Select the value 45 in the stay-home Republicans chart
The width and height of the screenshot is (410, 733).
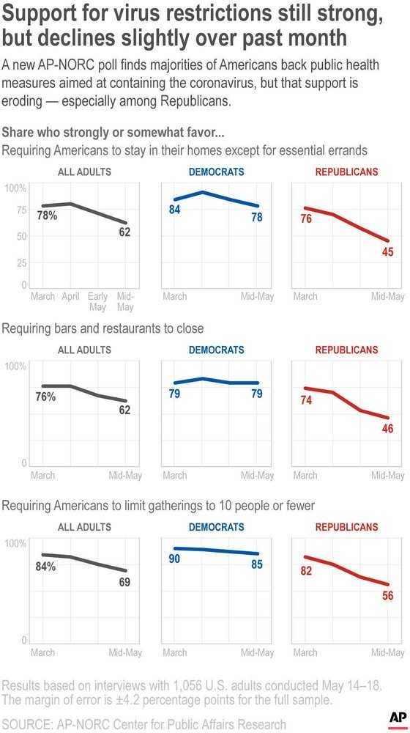pyautogui.click(x=388, y=252)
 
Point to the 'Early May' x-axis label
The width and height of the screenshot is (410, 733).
pyautogui.click(x=97, y=301)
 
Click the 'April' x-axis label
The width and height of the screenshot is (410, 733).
pyautogui.click(x=70, y=297)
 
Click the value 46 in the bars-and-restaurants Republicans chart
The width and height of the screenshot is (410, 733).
pyautogui.click(x=388, y=428)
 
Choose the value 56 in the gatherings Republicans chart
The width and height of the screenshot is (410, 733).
pyautogui.click(x=388, y=596)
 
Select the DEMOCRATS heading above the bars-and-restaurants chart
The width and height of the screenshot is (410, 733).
pyautogui.click(x=217, y=350)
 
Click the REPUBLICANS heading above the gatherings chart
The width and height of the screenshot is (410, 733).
pyautogui.click(x=347, y=527)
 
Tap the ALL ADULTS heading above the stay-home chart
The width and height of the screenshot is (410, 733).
pyautogui.click(x=84, y=172)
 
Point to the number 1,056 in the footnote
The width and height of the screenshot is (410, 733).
pyautogui.click(x=190, y=685)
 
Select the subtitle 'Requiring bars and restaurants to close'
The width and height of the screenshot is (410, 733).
pyautogui.click(x=103, y=328)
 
